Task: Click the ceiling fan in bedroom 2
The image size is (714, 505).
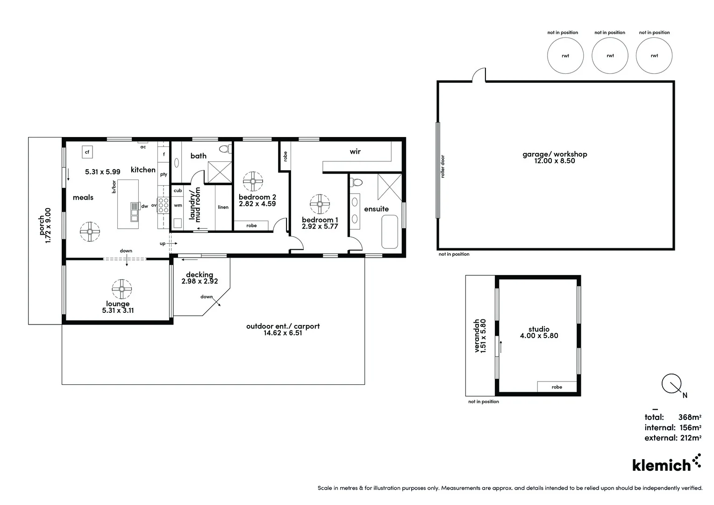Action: [253, 181]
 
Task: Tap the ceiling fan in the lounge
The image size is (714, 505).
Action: [121, 289]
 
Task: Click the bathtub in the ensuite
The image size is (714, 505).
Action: [389, 231]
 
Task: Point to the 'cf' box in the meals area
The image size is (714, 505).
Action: [87, 151]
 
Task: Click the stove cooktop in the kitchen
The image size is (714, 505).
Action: [163, 205]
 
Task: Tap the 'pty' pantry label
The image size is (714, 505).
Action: [164, 174]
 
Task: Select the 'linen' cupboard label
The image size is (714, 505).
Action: [223, 207]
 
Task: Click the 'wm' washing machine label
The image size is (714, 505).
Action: [178, 205]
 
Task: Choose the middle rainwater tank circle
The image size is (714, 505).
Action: [610, 56]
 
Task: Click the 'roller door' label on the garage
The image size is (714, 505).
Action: [443, 166]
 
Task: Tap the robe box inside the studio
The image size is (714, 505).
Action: [557, 387]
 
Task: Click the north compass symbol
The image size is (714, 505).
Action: [671, 384]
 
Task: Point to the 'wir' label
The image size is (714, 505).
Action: [355, 151]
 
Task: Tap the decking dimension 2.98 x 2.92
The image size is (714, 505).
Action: [200, 281]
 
